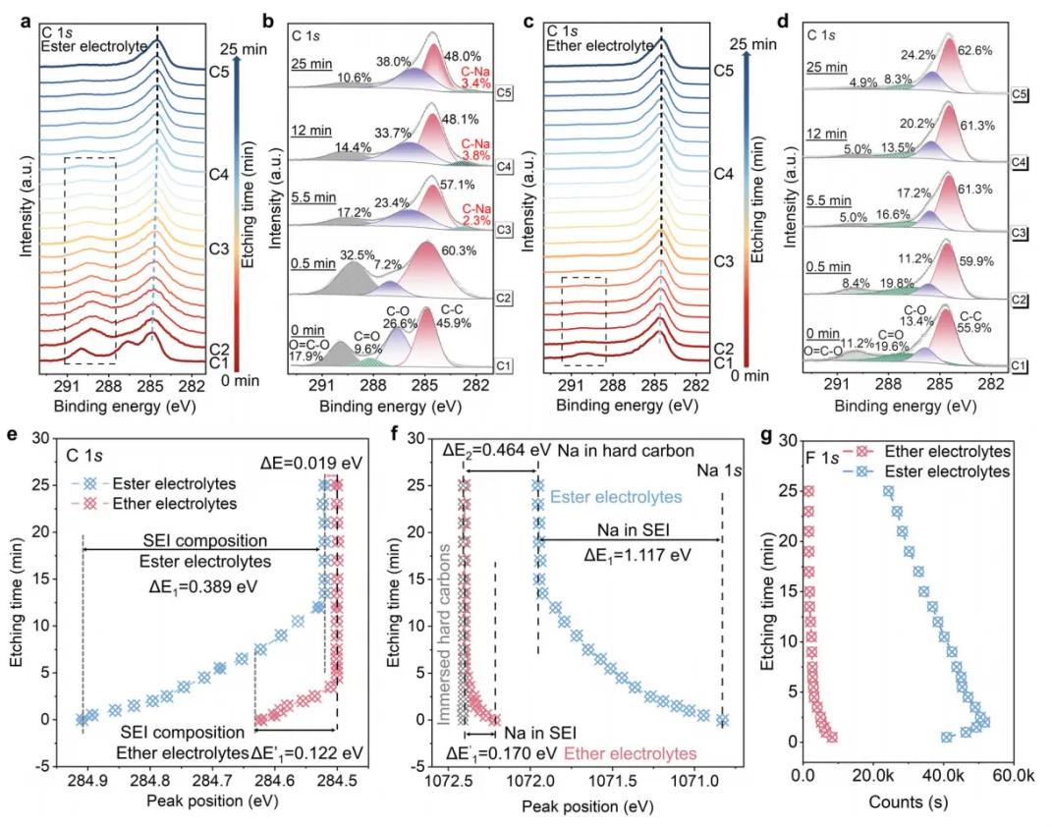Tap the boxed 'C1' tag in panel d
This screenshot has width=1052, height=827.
coord(1022,364)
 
